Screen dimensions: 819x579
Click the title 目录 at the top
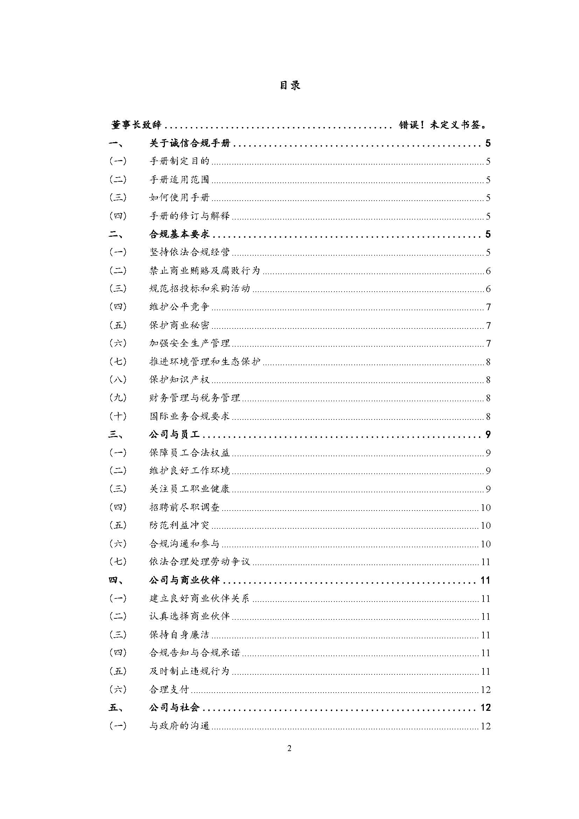(289, 85)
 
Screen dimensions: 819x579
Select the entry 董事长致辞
(137, 125)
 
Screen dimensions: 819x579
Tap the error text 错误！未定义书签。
(443, 125)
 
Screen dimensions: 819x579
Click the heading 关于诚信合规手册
(190, 144)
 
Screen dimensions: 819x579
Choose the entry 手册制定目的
(179, 161)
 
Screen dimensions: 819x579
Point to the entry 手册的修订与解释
(190, 216)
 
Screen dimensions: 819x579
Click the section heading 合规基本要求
(179, 234)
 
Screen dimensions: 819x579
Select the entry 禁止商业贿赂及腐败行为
(205, 271)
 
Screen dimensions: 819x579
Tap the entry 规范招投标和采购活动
(200, 289)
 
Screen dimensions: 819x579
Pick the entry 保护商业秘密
(179, 325)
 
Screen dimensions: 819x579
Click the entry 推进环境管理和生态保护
(205, 362)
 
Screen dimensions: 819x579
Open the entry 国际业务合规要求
(190, 416)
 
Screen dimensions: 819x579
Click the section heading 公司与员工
(174, 435)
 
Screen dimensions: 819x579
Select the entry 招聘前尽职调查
(184, 507)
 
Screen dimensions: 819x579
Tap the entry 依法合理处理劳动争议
(200, 562)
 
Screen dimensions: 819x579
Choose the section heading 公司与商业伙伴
(184, 580)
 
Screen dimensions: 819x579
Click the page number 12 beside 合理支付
(486, 689)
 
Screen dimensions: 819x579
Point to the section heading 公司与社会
(174, 708)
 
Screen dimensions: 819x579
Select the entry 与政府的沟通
(179, 726)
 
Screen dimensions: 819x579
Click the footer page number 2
(289, 748)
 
